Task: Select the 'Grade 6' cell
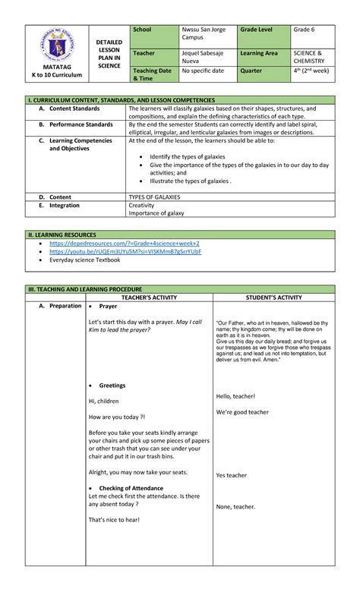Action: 305,30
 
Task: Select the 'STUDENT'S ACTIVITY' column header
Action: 271,298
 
